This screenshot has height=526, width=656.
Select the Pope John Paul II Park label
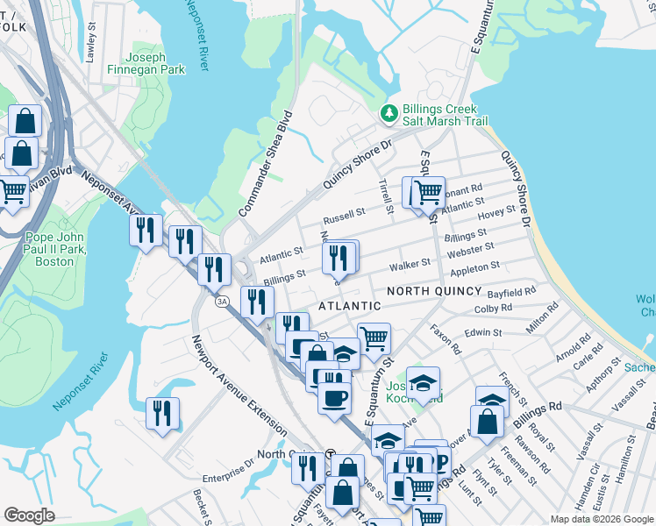[x=61, y=249]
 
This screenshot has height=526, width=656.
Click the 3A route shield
[x=223, y=301]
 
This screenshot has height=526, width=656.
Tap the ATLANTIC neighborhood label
[x=349, y=306]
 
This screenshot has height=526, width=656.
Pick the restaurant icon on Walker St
[x=339, y=258]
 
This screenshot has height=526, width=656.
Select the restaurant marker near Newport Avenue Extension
[x=162, y=413]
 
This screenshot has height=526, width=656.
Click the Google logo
[x=30, y=515]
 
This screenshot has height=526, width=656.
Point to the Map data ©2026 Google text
[x=601, y=519]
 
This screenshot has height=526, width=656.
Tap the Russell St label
[x=344, y=214]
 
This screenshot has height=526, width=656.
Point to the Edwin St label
[x=483, y=333]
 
